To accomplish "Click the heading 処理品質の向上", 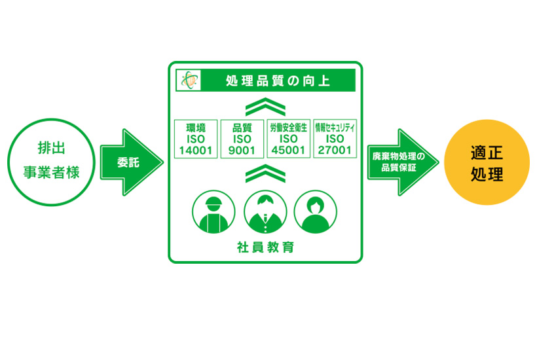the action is click(x=278, y=81).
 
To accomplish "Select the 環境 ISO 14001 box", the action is click(x=196, y=139).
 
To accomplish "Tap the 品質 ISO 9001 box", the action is click(x=242, y=139).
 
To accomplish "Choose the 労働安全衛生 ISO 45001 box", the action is click(x=288, y=139).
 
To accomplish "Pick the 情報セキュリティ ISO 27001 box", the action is click(x=335, y=139).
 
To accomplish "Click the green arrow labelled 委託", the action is click(x=132, y=162).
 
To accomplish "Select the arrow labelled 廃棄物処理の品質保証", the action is click(x=403, y=162).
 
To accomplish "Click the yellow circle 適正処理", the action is click(x=487, y=162).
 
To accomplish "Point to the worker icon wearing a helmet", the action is click(x=213, y=212).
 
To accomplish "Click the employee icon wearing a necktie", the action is click(x=265, y=212).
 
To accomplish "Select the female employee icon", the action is click(x=316, y=212).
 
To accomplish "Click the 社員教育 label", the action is click(x=265, y=247).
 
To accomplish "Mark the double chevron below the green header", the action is click(x=265, y=107).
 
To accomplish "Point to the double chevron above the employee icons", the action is click(x=265, y=173).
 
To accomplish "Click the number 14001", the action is click(x=196, y=151).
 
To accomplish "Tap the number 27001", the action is click(x=335, y=151).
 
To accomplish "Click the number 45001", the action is click(x=288, y=151).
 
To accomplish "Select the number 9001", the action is click(x=242, y=151).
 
